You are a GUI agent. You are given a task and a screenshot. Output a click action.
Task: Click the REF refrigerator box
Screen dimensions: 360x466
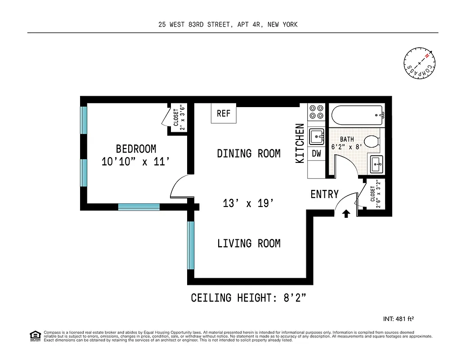point(224,113)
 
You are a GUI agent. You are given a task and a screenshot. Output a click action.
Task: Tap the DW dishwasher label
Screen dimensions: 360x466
point(317,153)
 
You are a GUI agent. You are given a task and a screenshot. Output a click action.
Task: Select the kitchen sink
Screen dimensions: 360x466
point(317,135)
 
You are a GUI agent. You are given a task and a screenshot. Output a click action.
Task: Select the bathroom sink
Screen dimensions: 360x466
point(376,165)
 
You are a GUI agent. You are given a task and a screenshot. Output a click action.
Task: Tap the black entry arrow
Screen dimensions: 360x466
point(346,214)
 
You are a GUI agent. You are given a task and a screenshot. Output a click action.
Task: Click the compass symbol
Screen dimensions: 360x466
point(420,63)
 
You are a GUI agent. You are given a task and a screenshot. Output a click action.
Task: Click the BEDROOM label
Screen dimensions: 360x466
point(136,149)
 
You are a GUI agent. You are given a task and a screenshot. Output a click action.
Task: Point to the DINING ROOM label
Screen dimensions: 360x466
point(249,153)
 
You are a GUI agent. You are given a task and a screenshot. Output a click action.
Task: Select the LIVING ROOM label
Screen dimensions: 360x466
point(249,243)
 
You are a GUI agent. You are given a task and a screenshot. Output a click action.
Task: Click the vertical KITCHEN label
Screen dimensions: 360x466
point(300,143)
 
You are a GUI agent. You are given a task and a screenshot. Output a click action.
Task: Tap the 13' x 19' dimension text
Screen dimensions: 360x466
point(249,203)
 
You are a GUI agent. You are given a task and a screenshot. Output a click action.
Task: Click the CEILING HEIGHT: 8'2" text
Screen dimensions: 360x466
point(249,298)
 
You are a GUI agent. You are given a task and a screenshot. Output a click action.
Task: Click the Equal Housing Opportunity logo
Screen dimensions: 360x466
point(35,336)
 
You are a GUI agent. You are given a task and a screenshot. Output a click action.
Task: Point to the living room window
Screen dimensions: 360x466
point(191,245)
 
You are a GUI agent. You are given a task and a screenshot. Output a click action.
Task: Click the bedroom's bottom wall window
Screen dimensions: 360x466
point(139,207)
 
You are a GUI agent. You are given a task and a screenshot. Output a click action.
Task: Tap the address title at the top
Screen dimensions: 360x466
point(228,25)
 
